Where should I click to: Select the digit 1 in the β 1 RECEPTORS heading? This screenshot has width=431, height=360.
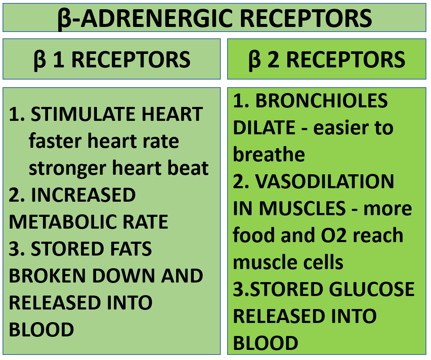59,59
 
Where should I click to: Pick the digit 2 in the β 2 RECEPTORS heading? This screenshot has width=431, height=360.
273,59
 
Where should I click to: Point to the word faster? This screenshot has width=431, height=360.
55,141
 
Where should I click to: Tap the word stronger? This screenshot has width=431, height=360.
67,168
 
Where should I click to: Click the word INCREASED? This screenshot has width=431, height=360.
83,195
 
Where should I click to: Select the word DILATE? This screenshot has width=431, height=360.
264,127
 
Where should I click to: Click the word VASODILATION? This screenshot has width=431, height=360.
325,181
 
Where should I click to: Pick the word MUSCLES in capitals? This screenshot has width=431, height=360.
303,208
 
